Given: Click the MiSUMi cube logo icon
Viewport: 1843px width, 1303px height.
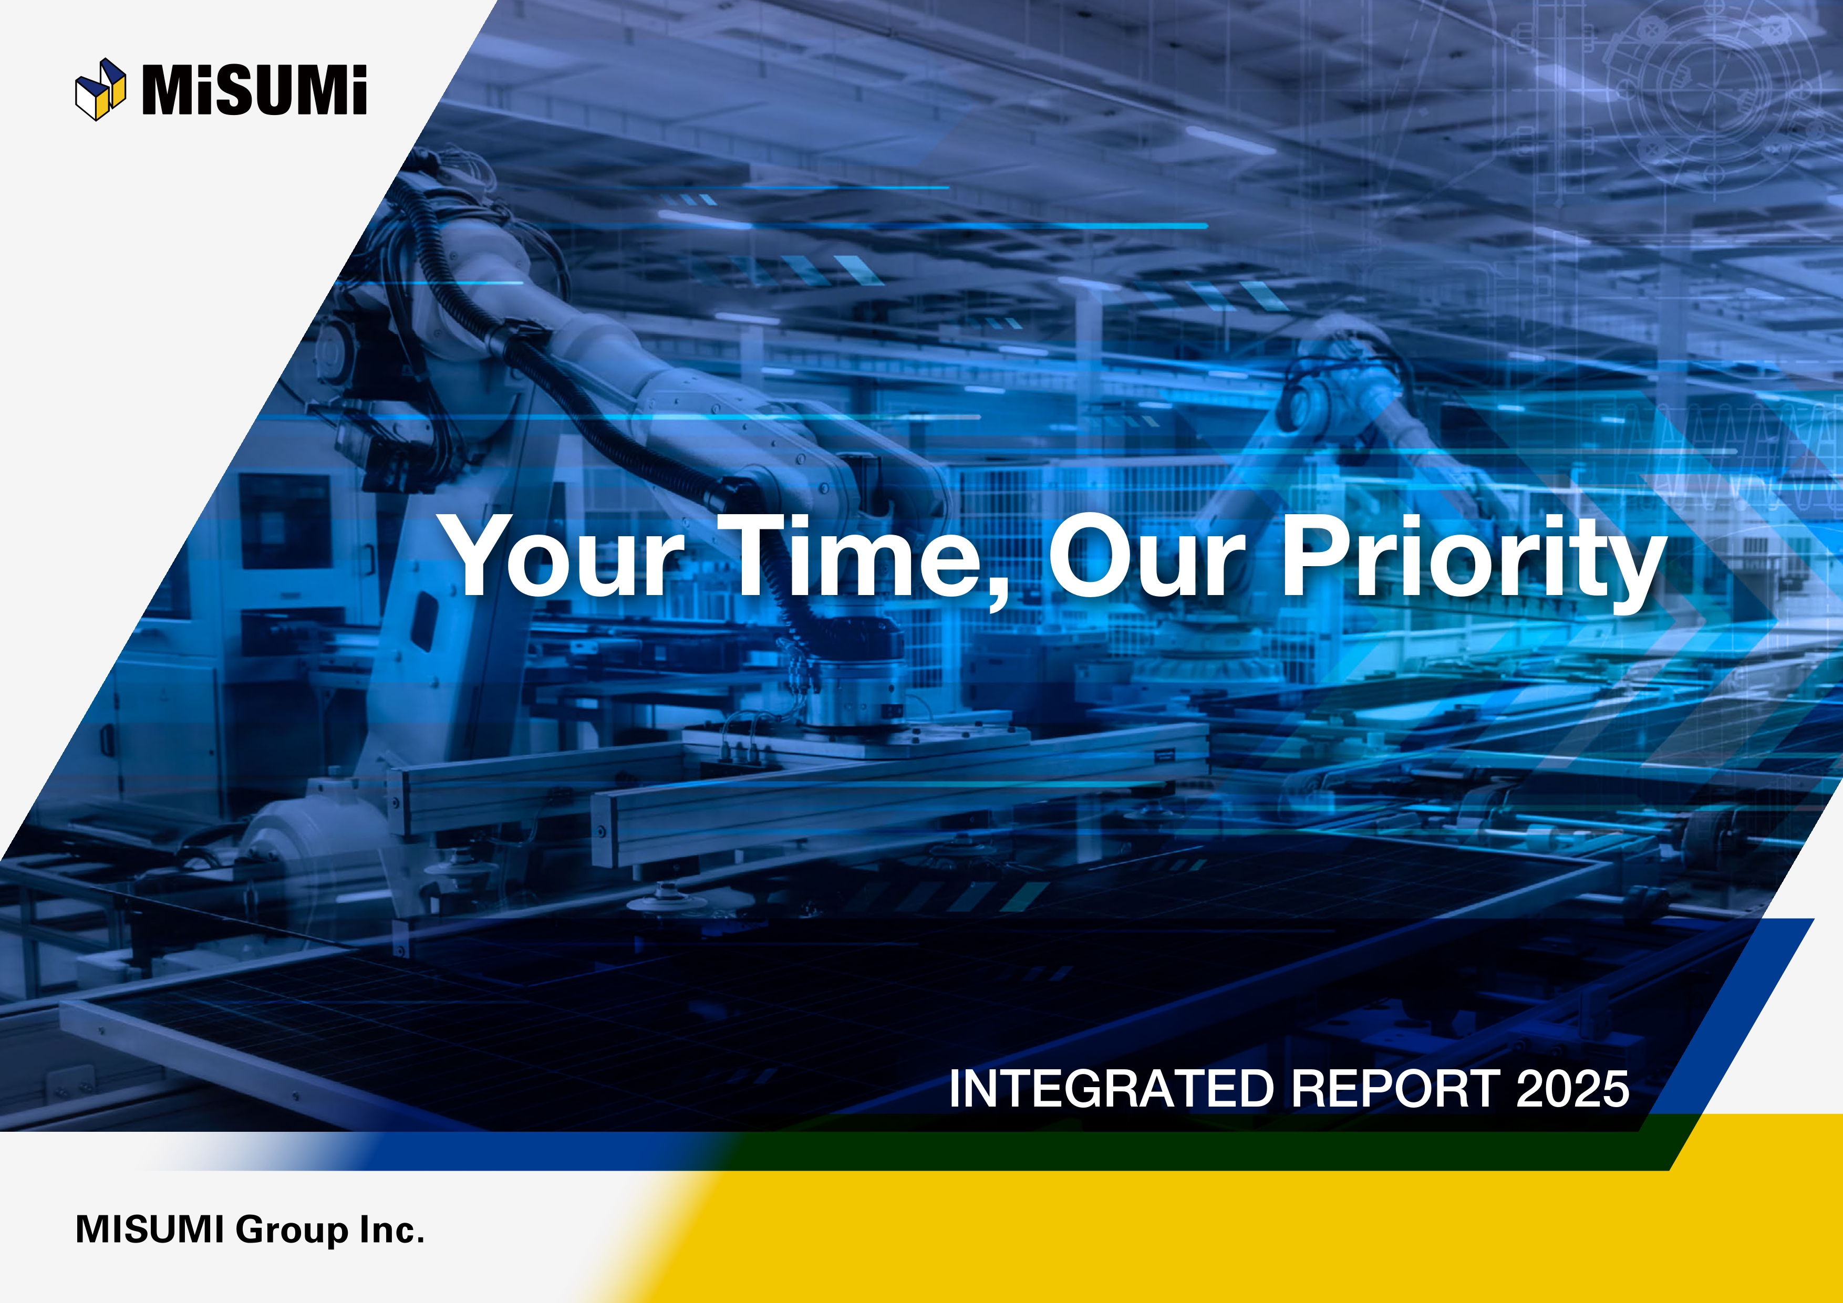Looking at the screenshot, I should (100, 89).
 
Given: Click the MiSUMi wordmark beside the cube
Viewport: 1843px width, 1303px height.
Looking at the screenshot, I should (254, 90).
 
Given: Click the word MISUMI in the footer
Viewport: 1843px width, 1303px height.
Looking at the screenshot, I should (149, 1229).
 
